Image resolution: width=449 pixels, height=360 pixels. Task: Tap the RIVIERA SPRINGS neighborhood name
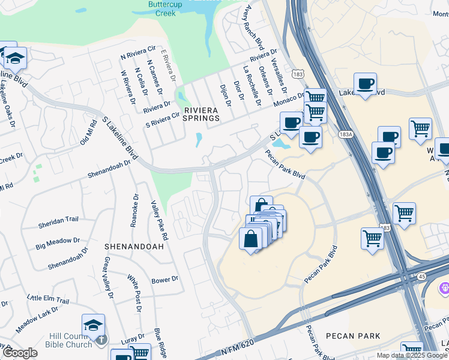tap(201, 114)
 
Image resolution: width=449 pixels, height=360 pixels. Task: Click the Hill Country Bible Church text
tap(71, 340)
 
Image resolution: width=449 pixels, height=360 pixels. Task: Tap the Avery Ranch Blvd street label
tap(256, 28)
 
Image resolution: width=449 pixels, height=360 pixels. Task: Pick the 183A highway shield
tap(345, 134)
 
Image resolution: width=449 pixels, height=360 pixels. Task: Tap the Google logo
tap(20, 353)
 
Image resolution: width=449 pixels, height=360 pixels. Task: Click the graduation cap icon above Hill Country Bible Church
tap(93, 325)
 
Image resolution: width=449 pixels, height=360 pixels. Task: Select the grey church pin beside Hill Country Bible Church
tap(101, 340)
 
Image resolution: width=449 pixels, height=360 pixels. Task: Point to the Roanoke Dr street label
tap(134, 210)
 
